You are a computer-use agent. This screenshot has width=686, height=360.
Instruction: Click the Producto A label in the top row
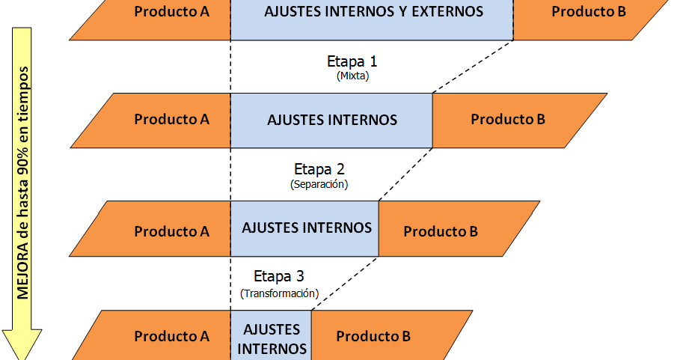pos(171,12)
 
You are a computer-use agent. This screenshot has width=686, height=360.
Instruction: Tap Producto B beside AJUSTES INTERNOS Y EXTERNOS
pos(589,12)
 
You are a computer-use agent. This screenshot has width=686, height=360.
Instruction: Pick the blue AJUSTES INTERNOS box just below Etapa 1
pos(331,120)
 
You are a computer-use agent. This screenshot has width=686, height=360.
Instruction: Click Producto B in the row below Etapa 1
pos(508,120)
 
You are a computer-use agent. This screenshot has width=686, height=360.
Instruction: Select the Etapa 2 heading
pos(319,169)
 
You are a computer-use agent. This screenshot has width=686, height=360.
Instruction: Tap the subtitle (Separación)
pos(319,183)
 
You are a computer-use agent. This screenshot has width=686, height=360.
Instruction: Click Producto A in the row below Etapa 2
pos(171,231)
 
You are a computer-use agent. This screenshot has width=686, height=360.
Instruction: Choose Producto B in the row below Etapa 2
pos(441,231)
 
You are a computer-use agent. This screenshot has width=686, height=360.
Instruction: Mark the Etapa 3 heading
pos(279,275)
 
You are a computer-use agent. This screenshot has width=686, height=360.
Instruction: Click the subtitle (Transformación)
pos(279,293)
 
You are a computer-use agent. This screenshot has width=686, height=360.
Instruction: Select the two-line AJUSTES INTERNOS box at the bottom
pos(272,338)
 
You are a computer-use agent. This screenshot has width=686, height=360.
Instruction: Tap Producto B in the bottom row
pos(373,337)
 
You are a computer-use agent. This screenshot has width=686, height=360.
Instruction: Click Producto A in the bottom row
pos(171,337)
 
